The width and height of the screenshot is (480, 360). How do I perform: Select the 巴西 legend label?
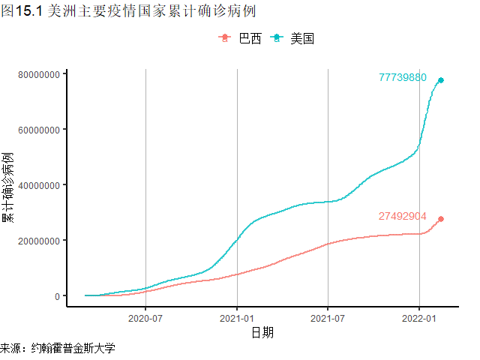250,39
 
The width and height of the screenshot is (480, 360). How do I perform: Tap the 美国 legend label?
302,39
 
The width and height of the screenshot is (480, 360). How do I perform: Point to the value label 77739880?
403,77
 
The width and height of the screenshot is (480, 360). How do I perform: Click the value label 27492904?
402,216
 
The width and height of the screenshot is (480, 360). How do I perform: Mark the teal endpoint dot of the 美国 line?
441,80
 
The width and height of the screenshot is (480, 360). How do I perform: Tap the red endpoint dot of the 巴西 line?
441,219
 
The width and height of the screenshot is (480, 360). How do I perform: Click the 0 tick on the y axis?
56,296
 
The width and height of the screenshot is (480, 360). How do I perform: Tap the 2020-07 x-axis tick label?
145,318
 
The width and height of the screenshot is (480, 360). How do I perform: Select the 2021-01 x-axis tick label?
237,318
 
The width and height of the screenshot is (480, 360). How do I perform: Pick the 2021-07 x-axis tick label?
328,318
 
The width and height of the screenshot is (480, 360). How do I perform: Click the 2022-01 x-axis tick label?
418,318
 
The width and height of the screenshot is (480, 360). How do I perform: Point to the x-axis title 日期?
262,332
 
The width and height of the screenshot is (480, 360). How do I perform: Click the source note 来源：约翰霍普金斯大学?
58,349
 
